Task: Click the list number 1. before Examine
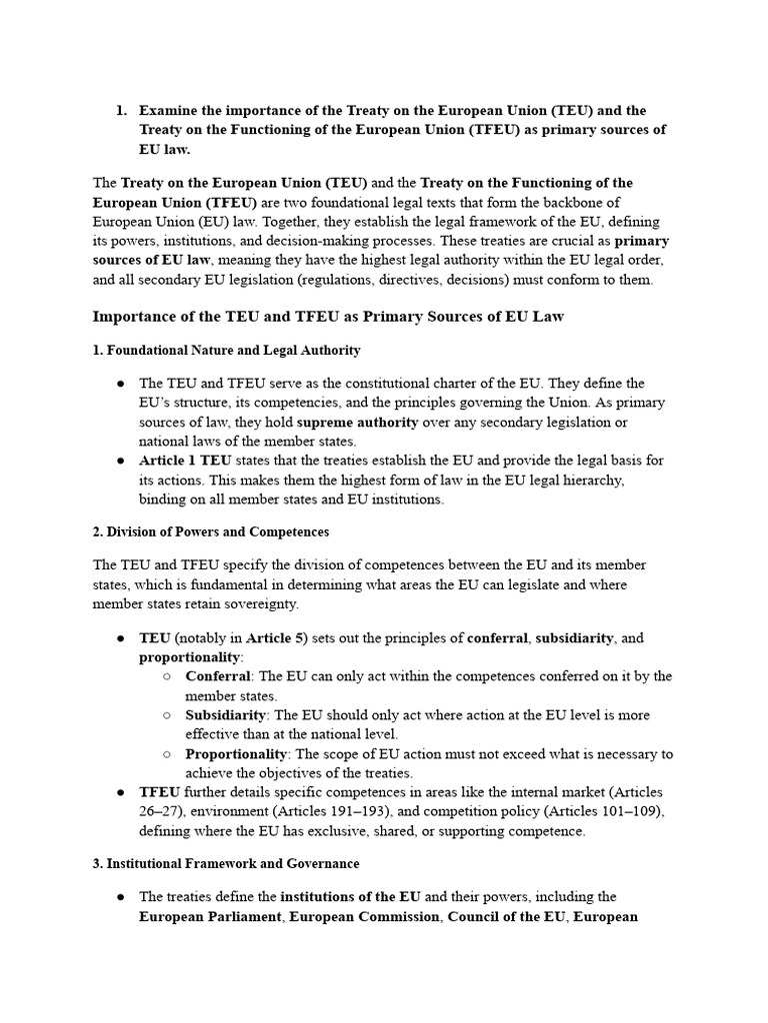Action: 123,110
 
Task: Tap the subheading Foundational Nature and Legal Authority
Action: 226,351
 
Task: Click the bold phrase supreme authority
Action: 357,422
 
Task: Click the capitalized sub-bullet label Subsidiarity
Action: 225,715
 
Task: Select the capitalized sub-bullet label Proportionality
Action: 236,754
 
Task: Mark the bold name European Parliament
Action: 210,916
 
